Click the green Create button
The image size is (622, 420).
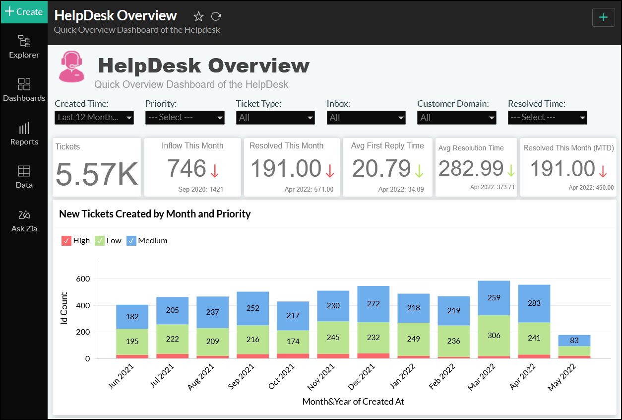(24, 12)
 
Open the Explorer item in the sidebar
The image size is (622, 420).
(24, 46)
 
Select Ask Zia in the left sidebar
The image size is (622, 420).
(24, 221)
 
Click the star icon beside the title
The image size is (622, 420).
(198, 16)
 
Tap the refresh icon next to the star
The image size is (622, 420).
(216, 16)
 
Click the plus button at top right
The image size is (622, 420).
(603, 17)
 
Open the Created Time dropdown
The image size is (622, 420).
(94, 118)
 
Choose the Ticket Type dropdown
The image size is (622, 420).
(275, 118)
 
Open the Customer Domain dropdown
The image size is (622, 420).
(457, 118)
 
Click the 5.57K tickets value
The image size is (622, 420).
(96, 173)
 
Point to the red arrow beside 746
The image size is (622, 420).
(215, 171)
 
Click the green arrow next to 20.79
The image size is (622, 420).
(419, 171)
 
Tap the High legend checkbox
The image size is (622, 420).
(66, 241)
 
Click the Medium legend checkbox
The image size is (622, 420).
(131, 241)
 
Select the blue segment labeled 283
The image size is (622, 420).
(534, 303)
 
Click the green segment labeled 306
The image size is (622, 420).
(494, 336)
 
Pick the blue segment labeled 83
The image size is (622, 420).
(574, 341)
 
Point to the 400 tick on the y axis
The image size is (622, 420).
(83, 305)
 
